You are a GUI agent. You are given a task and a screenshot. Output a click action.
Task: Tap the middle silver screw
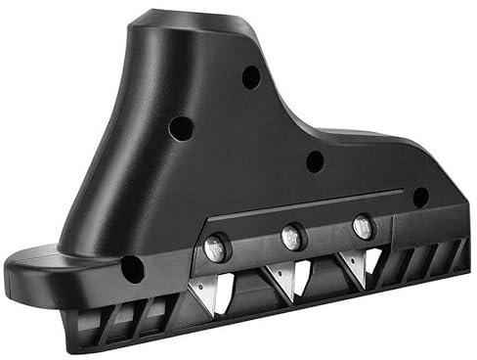pyautogui.click(x=289, y=235)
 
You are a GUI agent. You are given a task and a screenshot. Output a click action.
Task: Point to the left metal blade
pyautogui.click(x=208, y=292)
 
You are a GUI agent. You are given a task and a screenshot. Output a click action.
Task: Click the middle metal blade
pyautogui.click(x=282, y=280)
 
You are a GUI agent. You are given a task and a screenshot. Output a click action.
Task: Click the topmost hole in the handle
pyautogui.click(x=251, y=77)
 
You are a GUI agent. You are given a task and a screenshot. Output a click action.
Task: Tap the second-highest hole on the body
pyautogui.click(x=180, y=127)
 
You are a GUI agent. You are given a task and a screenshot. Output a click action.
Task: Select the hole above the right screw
pyautogui.click(x=315, y=161)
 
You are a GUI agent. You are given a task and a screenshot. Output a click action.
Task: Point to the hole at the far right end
pyautogui.click(x=420, y=197)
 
